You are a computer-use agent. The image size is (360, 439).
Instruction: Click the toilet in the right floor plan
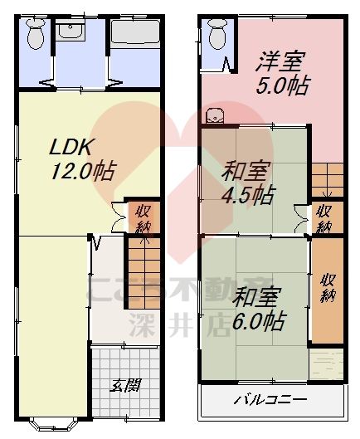(217, 35)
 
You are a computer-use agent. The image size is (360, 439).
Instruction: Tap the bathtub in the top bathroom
(135, 35)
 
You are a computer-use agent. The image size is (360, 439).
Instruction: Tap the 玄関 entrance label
(125, 384)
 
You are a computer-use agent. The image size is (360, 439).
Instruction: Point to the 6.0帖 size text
(258, 320)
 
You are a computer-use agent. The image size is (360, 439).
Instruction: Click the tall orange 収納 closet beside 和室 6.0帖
(327, 286)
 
